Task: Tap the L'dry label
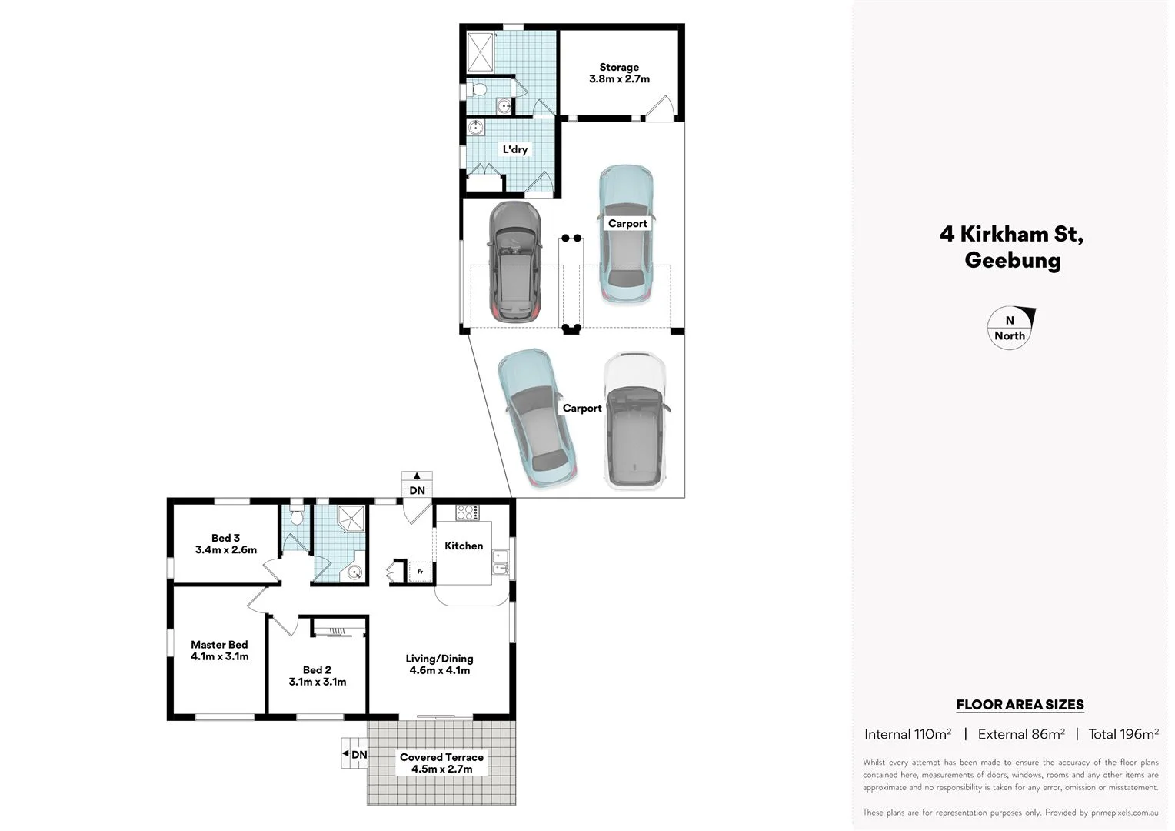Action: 514,149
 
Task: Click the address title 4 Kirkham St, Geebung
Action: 1012,247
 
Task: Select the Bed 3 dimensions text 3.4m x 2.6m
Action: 226,550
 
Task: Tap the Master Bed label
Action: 219,645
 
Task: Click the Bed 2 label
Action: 317,669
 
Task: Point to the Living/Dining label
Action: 439,659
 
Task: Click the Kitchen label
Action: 464,546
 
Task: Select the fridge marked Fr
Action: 420,572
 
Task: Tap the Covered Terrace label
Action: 441,757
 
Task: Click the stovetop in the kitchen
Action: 468,512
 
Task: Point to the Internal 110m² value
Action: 907,734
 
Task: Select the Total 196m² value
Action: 1123,734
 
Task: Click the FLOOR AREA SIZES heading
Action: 1020,704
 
